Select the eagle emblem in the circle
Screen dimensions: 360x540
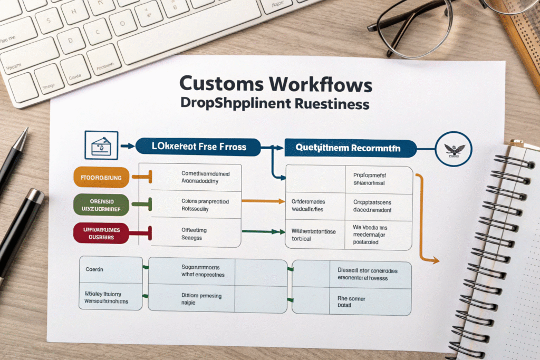[x=454, y=148]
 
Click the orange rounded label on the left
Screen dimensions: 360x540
[x=101, y=178]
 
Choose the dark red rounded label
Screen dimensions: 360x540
[x=101, y=232]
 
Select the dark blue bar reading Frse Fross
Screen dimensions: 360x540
[x=198, y=147]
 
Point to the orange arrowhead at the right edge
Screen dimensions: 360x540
[x=435, y=260]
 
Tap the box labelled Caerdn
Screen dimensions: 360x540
[x=111, y=269]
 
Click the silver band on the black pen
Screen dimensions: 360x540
[x=35, y=196]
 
